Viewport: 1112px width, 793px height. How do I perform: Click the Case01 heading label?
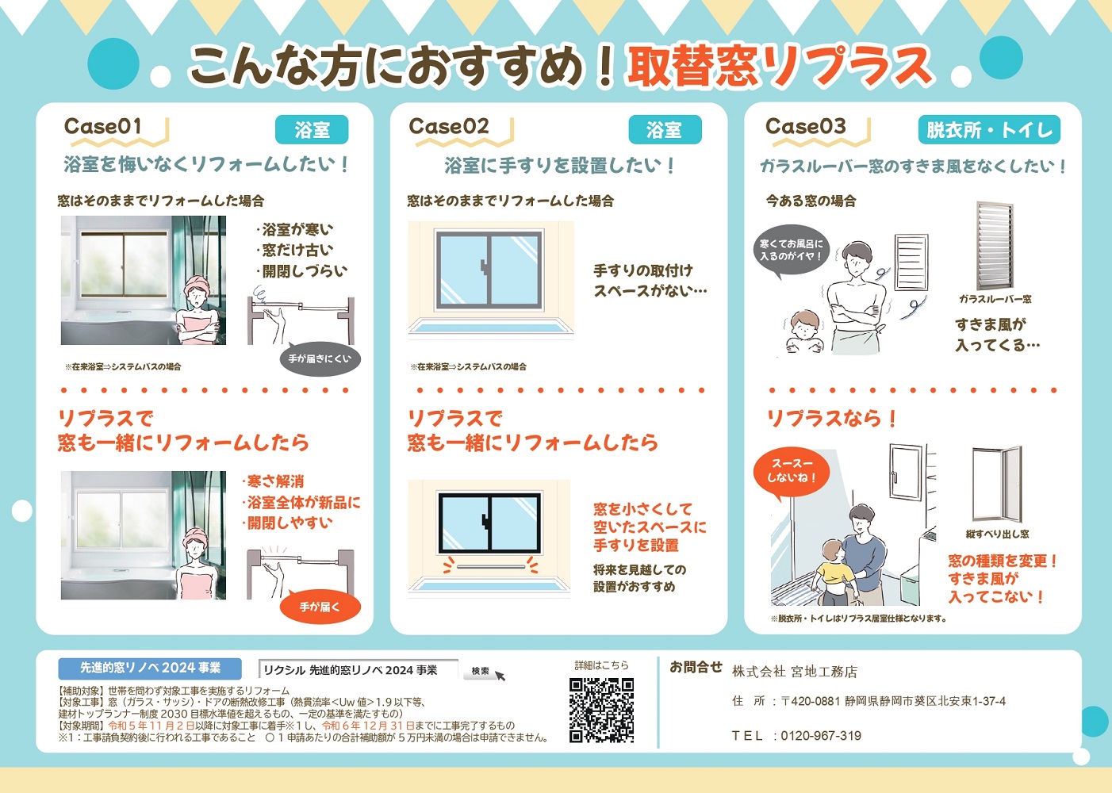tap(103, 127)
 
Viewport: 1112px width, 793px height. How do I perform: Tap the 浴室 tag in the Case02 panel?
tap(665, 130)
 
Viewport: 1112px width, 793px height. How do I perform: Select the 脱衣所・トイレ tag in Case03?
tap(989, 130)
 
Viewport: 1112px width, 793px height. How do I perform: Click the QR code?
tap(602, 710)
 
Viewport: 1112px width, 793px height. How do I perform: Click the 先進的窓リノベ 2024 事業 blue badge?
tap(150, 668)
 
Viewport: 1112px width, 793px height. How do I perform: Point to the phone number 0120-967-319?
tap(821, 736)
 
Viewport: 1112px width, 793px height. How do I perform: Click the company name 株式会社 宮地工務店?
tap(794, 672)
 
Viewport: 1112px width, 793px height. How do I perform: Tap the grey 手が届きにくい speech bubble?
tap(320, 359)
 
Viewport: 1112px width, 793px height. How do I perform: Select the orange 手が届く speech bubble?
tap(320, 607)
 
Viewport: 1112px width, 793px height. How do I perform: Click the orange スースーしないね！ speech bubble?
tap(791, 471)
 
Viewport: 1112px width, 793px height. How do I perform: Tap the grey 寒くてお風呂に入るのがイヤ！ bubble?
tap(791, 251)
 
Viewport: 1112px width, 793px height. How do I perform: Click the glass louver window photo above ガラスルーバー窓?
tap(995, 246)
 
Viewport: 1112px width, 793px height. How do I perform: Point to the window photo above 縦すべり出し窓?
tap(996, 484)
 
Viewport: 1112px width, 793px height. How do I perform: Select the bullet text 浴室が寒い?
tap(297, 230)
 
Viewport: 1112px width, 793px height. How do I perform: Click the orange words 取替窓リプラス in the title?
tap(779, 66)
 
